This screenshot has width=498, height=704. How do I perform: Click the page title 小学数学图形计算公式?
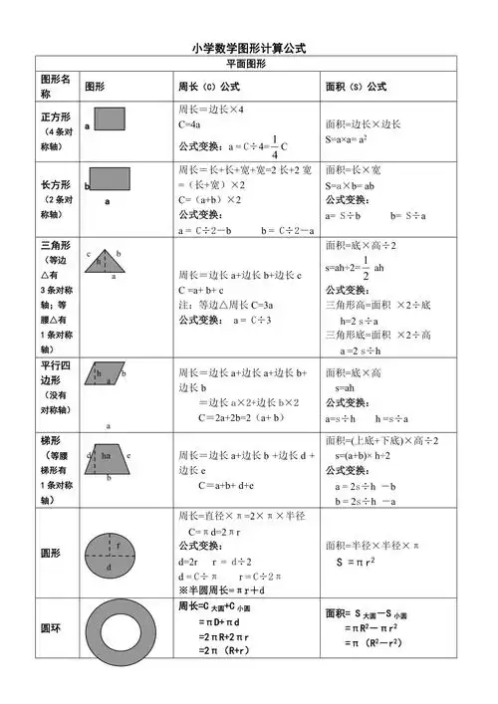(248, 48)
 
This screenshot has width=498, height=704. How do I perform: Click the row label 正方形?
(55, 117)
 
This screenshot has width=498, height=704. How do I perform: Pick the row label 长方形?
(55, 185)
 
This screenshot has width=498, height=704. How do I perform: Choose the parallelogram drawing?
(112, 373)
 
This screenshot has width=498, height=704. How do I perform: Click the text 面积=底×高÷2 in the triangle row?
(361, 245)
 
